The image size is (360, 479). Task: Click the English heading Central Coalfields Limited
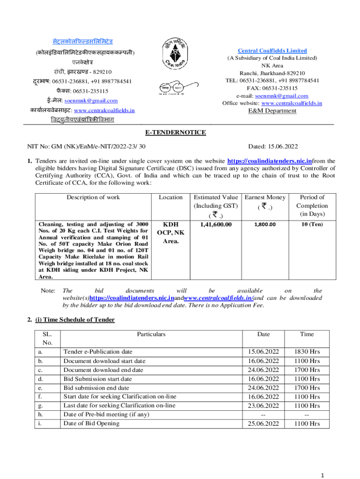coord(272,51)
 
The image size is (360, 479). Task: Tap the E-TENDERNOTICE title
coord(180,133)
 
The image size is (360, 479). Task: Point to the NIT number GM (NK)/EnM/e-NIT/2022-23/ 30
coord(86,147)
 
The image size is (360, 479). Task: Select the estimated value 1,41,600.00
coord(216,225)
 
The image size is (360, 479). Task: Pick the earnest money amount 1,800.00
coord(265,225)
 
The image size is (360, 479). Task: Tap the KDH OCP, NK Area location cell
coord(170,232)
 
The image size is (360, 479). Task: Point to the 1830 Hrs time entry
coord(307,352)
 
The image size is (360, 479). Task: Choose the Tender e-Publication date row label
coord(98,352)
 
